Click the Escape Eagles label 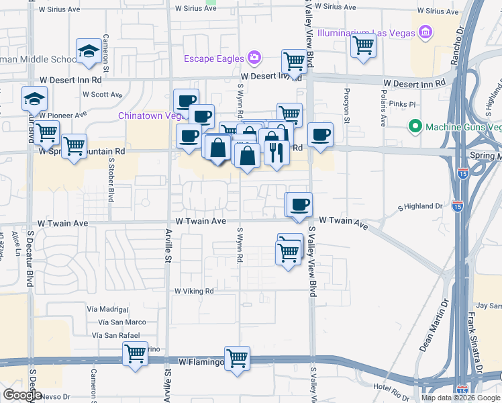coord(214,58)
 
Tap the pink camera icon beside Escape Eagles coord(254,58)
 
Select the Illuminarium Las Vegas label coord(365,32)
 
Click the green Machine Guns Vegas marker coord(415,126)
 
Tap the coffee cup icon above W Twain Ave coord(301,203)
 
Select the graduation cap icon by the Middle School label coord(89,52)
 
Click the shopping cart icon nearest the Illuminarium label coord(363,46)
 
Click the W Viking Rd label coord(194,292)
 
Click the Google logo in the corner coord(22,395)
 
